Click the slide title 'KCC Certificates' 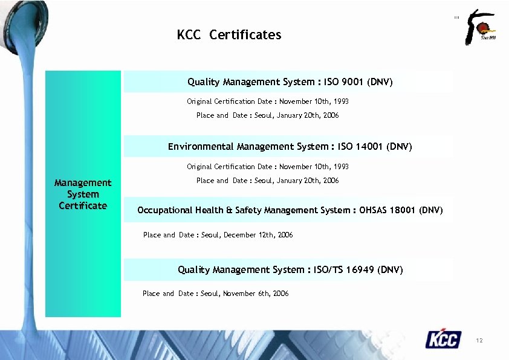(x=229, y=35)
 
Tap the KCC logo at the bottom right (x=443, y=339)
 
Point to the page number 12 (x=479, y=341)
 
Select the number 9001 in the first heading (x=353, y=82)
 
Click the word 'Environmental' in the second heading (x=201, y=146)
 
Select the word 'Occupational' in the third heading (x=165, y=210)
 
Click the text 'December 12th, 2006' (x=258, y=235)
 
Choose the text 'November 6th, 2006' (x=256, y=294)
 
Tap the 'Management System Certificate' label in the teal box (x=83, y=194)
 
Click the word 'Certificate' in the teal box (x=83, y=205)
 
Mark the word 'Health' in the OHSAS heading (x=209, y=210)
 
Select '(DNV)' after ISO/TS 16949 (x=390, y=269)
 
